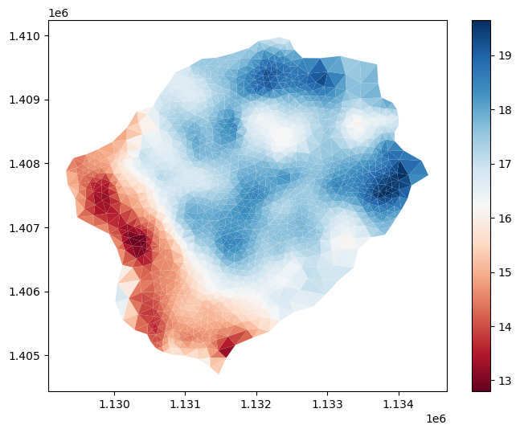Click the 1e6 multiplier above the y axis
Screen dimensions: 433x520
tap(59, 14)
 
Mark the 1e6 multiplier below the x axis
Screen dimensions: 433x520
tap(436, 419)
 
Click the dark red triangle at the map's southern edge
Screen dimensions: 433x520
tap(227, 347)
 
